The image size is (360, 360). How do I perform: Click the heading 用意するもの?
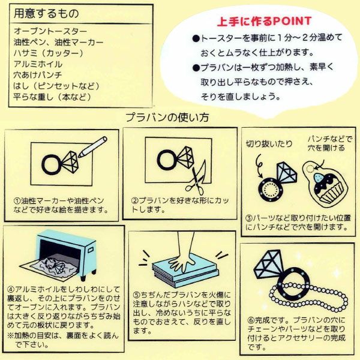coord(46,13)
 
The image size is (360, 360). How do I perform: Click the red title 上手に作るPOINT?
coord(264,22)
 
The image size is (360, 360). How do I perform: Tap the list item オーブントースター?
coord(50,31)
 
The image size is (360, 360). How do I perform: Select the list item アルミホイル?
coord(38,64)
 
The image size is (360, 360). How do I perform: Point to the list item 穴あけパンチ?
coord(38,75)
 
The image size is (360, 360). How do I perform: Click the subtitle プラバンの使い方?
coord(167,118)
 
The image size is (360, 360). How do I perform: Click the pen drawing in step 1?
coord(93,147)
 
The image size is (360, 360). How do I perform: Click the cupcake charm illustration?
coord(324,182)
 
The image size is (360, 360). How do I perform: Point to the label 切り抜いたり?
coord(269,144)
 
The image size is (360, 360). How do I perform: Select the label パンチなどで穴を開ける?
coord(329,143)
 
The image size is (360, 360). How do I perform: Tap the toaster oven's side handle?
coord(91,250)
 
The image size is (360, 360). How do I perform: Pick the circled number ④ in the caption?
coord(11,289)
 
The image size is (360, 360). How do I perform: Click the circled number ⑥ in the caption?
coord(251,320)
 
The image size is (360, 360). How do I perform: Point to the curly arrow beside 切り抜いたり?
coord(259,166)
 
